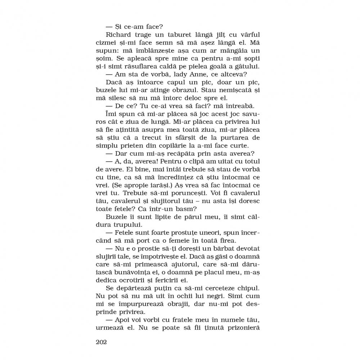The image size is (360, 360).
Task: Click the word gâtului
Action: (x=243, y=66)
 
